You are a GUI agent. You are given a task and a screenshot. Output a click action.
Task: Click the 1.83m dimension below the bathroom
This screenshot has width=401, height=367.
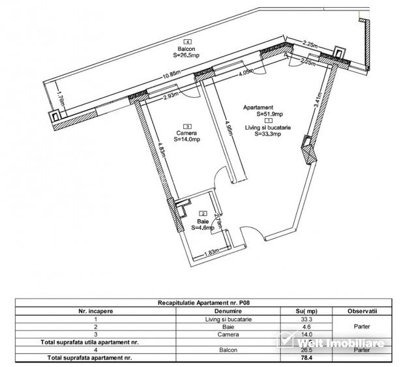(x=210, y=253)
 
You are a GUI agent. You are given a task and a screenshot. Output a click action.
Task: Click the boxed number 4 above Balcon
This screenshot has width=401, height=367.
(x=188, y=41)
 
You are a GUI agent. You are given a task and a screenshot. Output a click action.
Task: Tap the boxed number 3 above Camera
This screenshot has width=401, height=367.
(x=187, y=126)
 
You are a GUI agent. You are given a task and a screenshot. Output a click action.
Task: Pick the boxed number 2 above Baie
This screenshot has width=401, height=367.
(x=203, y=214)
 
